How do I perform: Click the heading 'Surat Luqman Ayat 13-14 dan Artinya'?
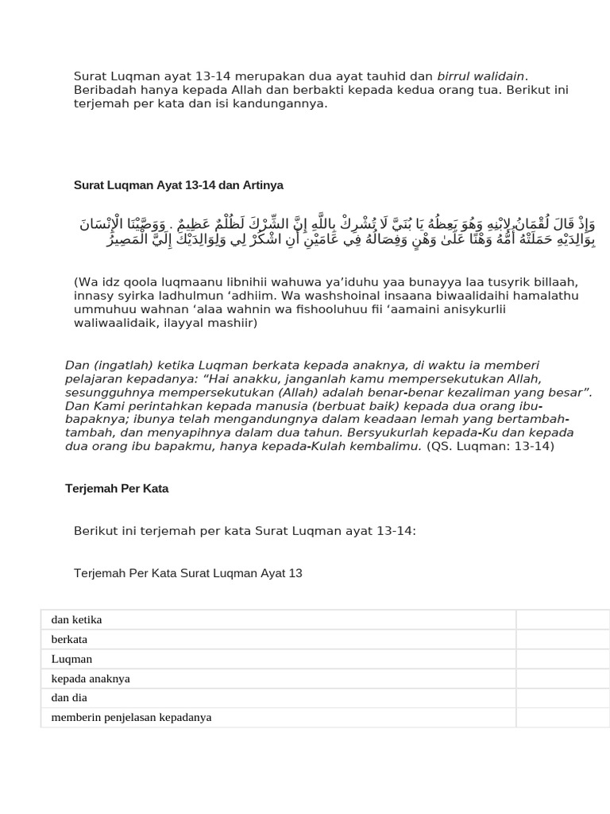click(178, 185)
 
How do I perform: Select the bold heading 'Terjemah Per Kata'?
click(117, 489)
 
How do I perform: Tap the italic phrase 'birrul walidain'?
click(481, 76)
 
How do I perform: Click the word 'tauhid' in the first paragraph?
click(383, 76)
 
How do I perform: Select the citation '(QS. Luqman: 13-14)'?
click(490, 446)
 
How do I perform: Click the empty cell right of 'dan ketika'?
click(562, 620)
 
